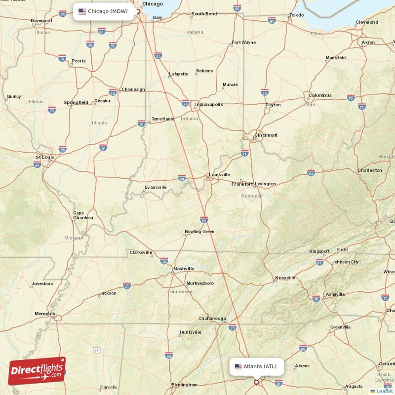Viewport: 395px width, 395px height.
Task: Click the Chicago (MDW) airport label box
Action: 104,11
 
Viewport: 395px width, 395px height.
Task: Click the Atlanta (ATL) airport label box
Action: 256,366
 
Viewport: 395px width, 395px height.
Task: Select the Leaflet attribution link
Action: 384,391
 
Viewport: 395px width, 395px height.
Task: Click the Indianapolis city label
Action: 209,104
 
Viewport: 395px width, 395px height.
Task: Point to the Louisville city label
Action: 219,174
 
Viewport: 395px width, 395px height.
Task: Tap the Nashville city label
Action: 183,269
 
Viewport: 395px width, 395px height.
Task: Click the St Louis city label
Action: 45,158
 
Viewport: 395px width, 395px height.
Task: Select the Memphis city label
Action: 45,314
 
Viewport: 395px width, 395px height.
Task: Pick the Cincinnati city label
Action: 266,135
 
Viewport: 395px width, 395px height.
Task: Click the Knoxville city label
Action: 286,277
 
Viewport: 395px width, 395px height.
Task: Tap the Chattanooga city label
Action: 212,318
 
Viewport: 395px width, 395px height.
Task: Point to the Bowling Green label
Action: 199,231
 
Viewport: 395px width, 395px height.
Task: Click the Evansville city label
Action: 155,187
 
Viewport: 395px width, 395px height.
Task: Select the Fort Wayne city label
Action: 244,42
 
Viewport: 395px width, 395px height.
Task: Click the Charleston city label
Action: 369,170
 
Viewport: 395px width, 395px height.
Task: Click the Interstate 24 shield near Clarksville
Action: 164,260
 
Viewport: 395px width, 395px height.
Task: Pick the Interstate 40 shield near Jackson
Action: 127,286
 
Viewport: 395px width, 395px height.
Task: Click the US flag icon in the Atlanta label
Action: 238,366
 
